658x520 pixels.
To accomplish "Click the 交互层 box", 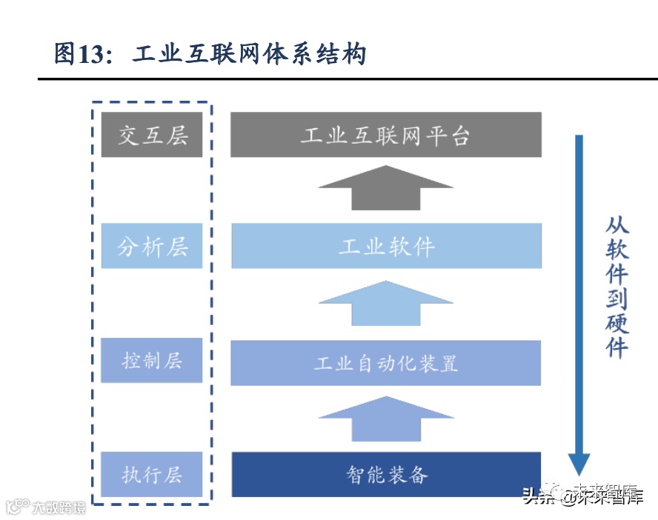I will pos(152,135).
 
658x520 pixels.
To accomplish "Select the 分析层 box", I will pos(152,246).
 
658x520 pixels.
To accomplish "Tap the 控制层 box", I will pos(152,361).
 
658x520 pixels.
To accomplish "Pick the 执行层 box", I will pos(152,474).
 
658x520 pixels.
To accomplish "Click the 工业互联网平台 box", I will pos(385,135).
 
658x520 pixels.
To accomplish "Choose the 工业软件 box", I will pos(386,246).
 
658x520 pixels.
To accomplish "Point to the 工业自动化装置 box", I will pos(386,363).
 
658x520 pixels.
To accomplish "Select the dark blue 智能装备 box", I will pos(386,474).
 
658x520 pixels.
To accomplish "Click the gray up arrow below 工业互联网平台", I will pos(386,188).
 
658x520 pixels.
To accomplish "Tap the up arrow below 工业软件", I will pos(386,303).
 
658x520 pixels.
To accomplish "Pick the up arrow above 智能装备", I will pos(386,419).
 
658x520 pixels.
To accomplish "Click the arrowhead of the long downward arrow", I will pos(579,464).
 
